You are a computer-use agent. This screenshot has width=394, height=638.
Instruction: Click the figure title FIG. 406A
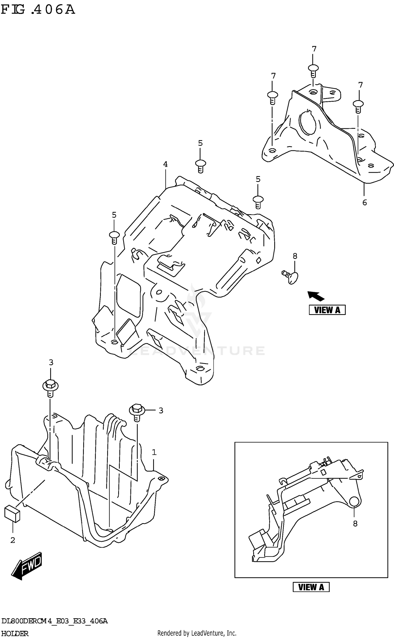[x=38, y=10]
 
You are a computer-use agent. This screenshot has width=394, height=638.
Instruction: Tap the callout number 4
[x=165, y=164]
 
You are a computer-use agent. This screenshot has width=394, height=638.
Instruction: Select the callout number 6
[x=364, y=202]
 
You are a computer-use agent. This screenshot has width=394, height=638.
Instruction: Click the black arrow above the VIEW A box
[x=316, y=296]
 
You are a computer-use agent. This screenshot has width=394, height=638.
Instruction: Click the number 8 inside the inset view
[x=355, y=524]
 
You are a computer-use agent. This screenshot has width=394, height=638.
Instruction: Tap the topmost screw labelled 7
[x=313, y=70]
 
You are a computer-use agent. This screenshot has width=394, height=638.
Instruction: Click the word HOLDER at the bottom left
[x=15, y=634]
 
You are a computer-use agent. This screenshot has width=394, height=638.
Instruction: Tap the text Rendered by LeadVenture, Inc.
[x=197, y=633]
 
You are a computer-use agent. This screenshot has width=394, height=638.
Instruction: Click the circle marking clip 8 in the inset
[x=354, y=502]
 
